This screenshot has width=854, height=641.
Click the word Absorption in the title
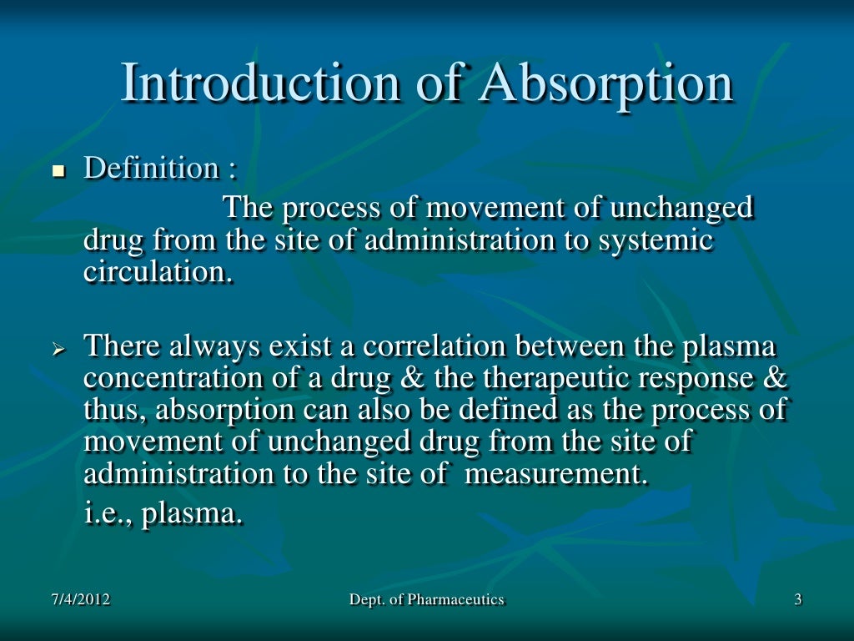point(607,84)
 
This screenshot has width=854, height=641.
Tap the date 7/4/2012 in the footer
point(79,599)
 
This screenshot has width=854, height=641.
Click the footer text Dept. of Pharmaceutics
point(427,599)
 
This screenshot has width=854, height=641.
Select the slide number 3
point(798,599)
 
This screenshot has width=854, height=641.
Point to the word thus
point(113,410)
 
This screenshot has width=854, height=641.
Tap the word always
point(211,345)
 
